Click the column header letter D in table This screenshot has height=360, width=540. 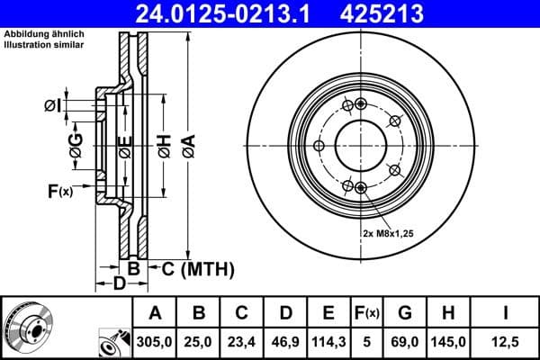click(x=284, y=313)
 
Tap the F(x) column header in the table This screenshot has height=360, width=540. click(x=367, y=313)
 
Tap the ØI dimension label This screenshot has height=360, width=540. click(x=53, y=106)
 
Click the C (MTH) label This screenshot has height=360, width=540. click(x=197, y=268)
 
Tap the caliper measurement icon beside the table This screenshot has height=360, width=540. click(x=112, y=343)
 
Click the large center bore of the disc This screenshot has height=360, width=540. click(x=361, y=146)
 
